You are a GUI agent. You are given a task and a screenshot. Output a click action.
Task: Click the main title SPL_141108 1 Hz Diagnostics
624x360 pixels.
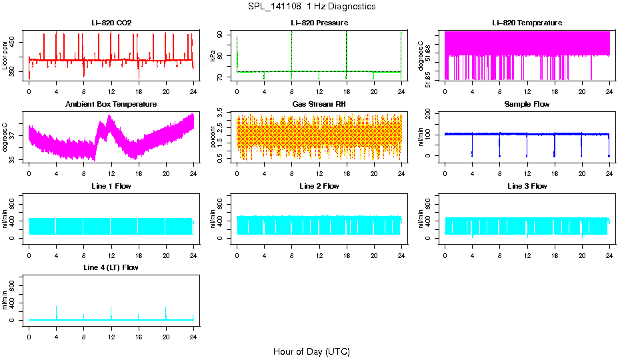click(311, 7)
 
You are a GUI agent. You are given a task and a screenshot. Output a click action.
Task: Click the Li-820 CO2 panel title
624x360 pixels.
click(111, 23)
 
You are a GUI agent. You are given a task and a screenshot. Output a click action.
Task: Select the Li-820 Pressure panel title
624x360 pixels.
click(319, 23)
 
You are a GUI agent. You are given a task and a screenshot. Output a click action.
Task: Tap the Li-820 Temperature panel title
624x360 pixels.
click(527, 23)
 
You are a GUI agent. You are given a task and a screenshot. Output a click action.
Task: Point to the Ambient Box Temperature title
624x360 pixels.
click(111, 104)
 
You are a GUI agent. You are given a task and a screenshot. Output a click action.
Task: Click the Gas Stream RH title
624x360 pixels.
click(319, 104)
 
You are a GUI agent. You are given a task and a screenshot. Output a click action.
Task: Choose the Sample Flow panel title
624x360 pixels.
click(527, 104)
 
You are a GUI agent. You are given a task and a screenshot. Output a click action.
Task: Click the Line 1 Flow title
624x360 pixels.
click(111, 186)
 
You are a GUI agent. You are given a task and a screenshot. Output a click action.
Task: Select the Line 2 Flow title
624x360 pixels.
click(319, 186)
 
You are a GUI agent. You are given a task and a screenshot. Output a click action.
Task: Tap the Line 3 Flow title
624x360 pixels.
click(527, 186)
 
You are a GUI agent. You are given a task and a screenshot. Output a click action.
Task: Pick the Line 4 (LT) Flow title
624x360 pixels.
click(111, 267)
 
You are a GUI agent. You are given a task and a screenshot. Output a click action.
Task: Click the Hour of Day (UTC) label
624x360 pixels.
click(311, 351)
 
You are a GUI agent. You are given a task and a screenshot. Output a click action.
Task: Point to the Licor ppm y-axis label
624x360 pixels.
click(5, 57)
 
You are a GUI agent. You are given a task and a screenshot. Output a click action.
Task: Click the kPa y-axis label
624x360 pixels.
click(213, 57)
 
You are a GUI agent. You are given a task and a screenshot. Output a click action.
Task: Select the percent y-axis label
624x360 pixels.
click(213, 138)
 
